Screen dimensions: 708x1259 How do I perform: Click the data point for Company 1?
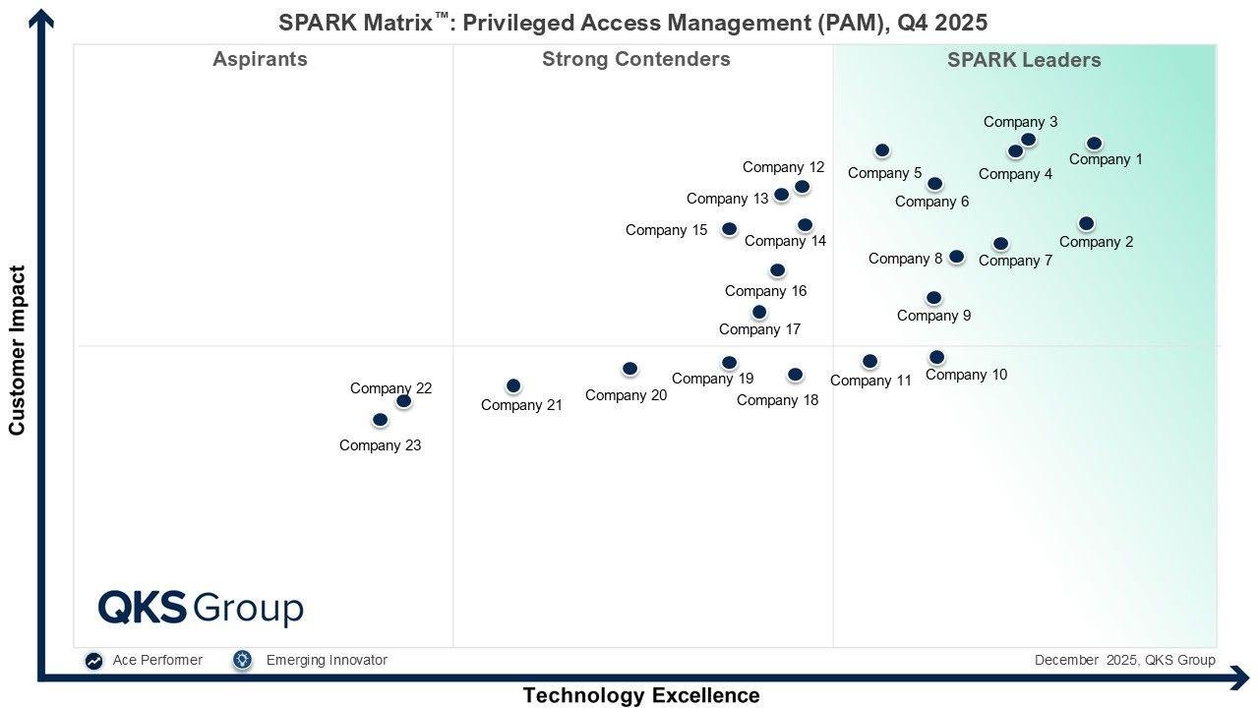pos(1094,144)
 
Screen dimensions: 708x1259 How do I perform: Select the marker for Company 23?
pos(380,420)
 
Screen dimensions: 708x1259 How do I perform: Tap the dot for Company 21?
pos(512,386)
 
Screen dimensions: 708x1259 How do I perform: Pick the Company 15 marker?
pos(729,229)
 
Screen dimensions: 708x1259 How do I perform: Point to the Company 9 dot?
pos(933,298)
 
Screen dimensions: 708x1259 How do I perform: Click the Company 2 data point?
pos(1086,224)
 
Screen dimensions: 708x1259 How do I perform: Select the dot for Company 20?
pos(629,369)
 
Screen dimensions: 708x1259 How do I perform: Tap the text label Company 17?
pos(759,329)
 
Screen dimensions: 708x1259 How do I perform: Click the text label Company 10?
pos(966,375)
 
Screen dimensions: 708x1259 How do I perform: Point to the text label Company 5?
pos(884,173)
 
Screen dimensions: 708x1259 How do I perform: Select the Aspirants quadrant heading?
pos(260,59)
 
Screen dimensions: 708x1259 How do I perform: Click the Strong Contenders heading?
pos(635,59)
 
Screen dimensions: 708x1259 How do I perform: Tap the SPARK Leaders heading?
pos(1024,60)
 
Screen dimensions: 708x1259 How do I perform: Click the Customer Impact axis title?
pos(17,350)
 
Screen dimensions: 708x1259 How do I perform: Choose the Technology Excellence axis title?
pos(640,695)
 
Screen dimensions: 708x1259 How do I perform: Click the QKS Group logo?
pos(201,608)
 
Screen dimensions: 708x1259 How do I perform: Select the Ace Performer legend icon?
pos(93,661)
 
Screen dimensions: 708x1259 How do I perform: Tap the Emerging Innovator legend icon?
pos(243,660)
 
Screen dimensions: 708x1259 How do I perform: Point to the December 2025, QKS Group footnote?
pos(1124,660)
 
